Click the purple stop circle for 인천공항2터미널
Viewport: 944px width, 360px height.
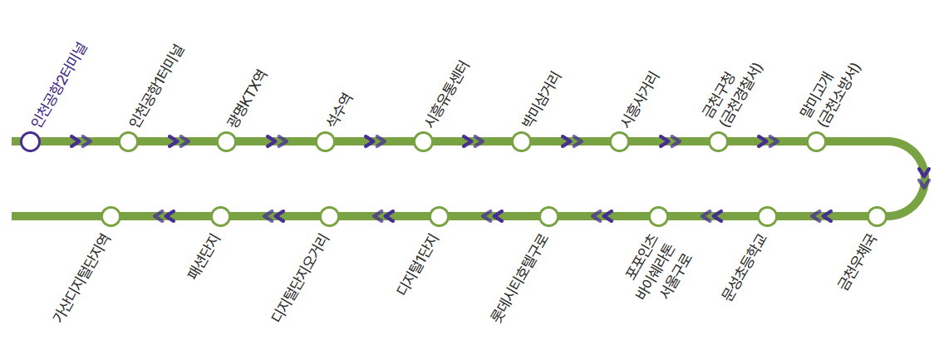point(30,141)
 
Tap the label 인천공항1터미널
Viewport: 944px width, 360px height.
point(156,86)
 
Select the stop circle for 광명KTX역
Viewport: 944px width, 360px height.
point(227,141)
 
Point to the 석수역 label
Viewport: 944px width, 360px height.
point(339,109)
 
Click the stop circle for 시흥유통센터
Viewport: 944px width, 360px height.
point(423,141)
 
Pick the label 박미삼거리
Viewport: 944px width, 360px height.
point(541,98)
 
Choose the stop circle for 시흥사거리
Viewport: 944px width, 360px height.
point(619,141)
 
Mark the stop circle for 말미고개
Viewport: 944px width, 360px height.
point(816,141)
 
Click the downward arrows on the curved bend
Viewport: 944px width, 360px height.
point(923,179)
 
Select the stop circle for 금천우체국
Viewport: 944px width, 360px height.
point(877,216)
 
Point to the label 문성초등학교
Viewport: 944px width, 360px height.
point(745,268)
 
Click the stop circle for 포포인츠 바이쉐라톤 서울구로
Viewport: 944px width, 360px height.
point(657,216)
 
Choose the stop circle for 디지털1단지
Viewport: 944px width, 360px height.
point(439,216)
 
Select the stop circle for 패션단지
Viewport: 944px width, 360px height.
point(220,216)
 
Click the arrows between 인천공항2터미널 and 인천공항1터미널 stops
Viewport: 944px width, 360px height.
point(81,141)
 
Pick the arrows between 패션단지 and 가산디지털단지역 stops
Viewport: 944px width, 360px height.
point(165,216)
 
